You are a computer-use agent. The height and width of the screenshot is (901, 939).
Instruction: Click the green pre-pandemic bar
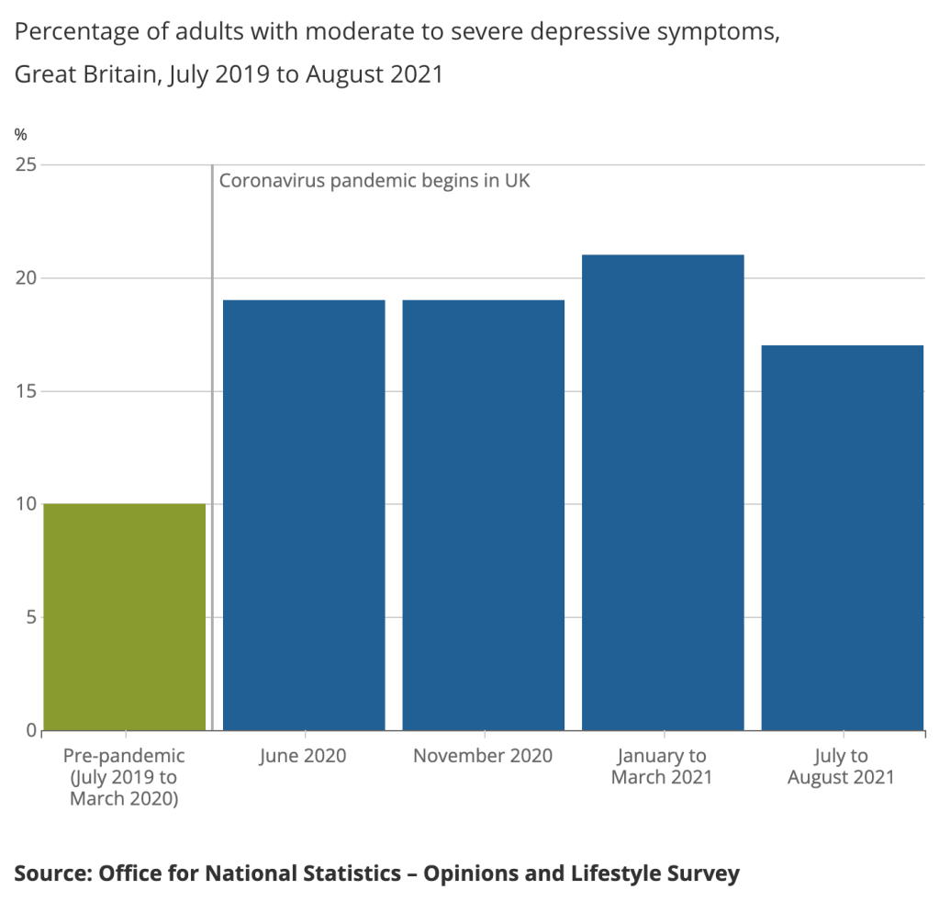[x=124, y=616]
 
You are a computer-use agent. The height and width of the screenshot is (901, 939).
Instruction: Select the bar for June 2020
[x=304, y=514]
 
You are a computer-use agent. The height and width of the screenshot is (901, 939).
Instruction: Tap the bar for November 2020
[x=483, y=514]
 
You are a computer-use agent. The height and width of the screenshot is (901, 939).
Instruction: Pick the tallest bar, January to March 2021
[x=663, y=492]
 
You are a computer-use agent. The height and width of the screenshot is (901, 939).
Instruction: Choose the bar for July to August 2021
[x=842, y=537]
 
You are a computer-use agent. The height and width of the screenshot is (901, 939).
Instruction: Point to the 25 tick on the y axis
[x=26, y=165]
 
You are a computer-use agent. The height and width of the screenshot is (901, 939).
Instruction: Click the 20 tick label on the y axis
[x=26, y=278]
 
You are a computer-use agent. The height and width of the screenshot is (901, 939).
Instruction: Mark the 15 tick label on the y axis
[x=26, y=391]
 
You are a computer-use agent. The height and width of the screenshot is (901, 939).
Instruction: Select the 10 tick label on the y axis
[x=26, y=504]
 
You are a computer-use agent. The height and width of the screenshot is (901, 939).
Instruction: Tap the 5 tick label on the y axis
[x=30, y=617]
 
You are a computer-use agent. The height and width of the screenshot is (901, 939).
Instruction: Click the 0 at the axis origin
[x=30, y=731]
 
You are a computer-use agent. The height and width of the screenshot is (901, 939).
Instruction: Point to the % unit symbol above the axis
[x=21, y=135]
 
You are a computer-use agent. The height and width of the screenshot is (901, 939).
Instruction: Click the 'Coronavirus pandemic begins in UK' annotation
[x=374, y=181]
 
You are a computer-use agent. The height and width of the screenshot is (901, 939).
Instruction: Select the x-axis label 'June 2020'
[x=304, y=756]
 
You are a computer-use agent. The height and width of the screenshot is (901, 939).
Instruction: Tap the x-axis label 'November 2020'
[x=483, y=756]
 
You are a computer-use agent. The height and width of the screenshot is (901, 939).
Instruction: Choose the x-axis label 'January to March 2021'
[x=663, y=767]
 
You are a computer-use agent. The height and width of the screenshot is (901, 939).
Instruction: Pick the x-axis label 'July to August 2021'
[x=842, y=767]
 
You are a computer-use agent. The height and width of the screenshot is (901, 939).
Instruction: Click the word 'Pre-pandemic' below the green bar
[x=124, y=756]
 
